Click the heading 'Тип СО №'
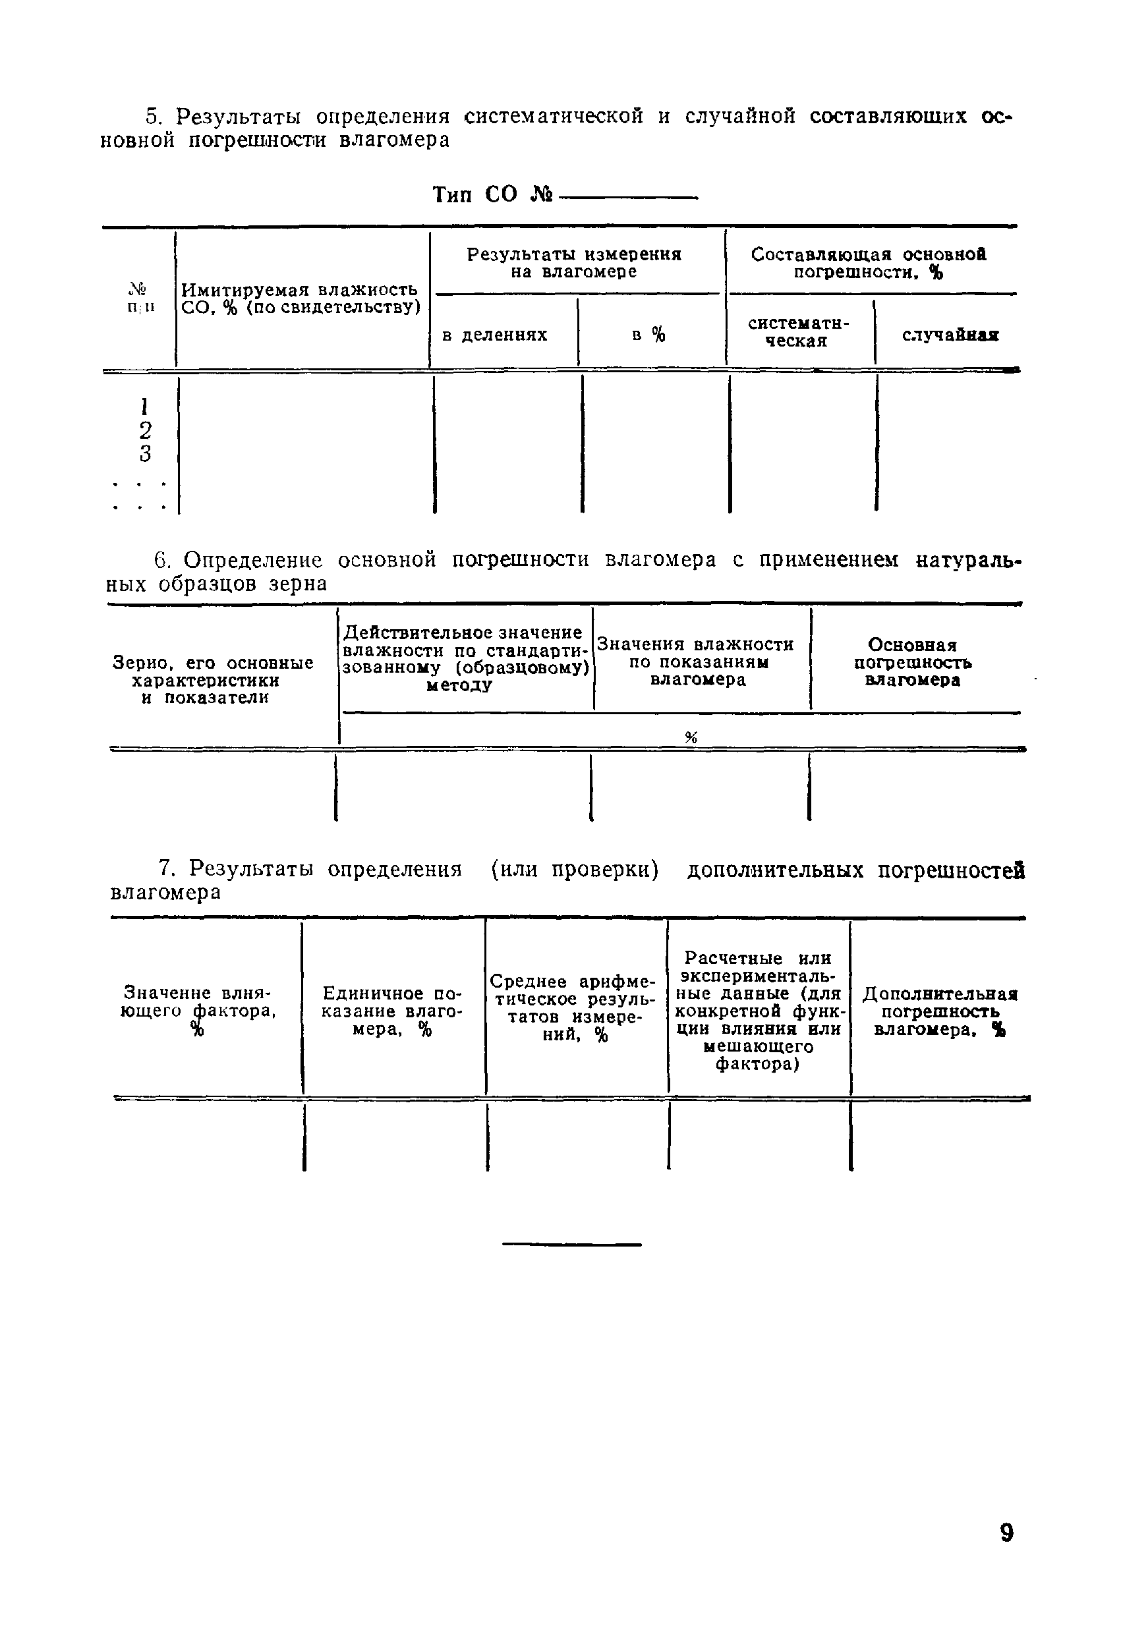(493, 195)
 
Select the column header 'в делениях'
(494, 335)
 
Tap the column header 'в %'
(648, 335)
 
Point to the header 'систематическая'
(798, 332)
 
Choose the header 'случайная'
(950, 335)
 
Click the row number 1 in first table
(144, 407)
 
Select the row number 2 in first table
(145, 430)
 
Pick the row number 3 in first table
(145, 453)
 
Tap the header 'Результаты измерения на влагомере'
(574, 263)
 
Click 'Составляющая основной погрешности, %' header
(869, 263)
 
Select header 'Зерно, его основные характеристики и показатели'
(212, 680)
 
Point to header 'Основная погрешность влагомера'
(912, 662)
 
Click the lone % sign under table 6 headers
(691, 737)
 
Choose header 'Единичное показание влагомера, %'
(391, 1012)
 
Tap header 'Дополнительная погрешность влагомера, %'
(940, 1012)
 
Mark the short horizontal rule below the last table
(572, 1245)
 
